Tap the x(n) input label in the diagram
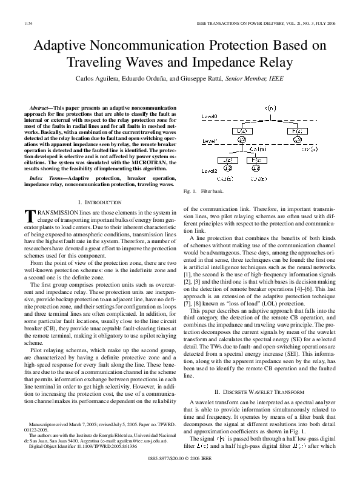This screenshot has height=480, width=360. pos(270,107)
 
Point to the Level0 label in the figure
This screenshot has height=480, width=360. pos(210,116)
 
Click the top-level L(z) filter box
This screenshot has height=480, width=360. pos(242,130)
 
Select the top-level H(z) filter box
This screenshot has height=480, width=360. pos(298,130)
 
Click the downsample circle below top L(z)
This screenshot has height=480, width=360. pos(242,140)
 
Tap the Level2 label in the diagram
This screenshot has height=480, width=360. pos(210,172)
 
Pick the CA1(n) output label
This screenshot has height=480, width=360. pos(258,149)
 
